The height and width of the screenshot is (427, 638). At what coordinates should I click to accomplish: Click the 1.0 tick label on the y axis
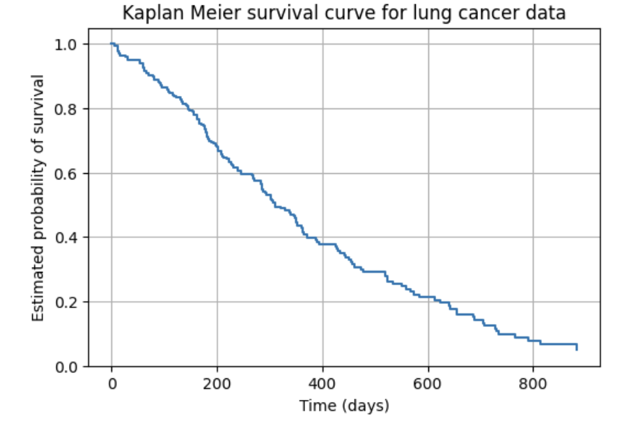click(x=71, y=45)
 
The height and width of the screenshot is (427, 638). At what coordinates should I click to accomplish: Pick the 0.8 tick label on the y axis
click(x=71, y=109)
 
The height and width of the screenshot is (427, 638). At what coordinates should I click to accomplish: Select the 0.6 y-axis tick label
click(x=71, y=173)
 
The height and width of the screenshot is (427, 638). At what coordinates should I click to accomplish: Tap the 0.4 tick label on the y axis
click(x=71, y=238)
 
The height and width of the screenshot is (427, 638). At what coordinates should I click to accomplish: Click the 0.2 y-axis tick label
click(x=71, y=302)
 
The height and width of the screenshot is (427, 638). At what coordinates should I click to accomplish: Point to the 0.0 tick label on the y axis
click(x=71, y=366)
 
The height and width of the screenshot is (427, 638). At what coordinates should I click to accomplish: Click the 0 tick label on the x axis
click(x=111, y=382)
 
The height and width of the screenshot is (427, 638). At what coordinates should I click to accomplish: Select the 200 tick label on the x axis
click(x=217, y=382)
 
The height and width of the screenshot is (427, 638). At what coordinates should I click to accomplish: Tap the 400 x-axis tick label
click(x=322, y=382)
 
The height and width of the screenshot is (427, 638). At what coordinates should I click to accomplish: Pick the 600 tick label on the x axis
click(x=427, y=382)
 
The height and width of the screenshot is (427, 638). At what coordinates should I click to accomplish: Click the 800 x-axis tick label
click(x=532, y=382)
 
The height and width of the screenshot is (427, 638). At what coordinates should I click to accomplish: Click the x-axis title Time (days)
click(x=344, y=405)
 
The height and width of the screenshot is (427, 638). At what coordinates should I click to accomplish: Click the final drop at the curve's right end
click(x=577, y=347)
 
